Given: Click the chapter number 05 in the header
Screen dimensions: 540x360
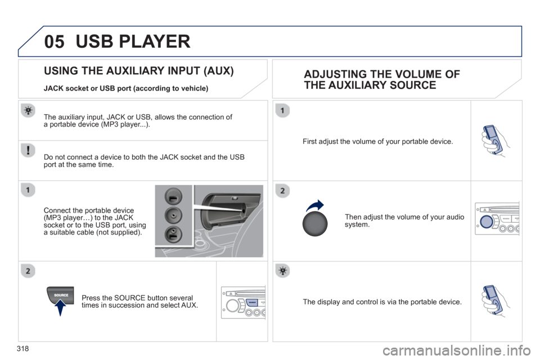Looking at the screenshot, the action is coord(54,42).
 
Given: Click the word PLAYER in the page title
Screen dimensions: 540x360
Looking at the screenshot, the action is coord(155,42).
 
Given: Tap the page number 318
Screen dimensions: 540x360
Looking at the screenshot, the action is coord(22,349).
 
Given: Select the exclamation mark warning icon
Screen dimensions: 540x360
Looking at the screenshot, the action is coord(28,151).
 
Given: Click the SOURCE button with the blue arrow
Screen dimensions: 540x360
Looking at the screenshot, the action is coord(61,295).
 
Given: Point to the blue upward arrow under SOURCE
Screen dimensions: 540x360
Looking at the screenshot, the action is coord(60,308).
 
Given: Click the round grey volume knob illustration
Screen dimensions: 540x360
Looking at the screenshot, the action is coord(315,224).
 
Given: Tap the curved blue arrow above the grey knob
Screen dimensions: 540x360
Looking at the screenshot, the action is coord(315,205).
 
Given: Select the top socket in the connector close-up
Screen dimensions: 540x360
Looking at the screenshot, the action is coord(173,197).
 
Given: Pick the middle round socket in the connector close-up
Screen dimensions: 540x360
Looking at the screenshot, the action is coord(173,215).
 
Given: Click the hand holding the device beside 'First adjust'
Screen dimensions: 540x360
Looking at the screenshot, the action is coord(495,141).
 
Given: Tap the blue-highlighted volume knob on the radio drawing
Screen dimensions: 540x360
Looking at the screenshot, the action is coord(486,222).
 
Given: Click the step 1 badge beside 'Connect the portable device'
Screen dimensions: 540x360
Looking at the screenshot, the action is coord(28,190).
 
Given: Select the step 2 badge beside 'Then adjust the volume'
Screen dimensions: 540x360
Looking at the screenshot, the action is coord(282,191).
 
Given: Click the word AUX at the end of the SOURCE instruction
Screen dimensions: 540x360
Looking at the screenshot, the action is coord(189,305).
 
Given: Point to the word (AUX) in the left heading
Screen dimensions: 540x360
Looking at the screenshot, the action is coord(219,71).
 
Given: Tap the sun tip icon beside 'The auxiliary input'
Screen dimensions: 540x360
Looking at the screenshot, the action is coord(28,111).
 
